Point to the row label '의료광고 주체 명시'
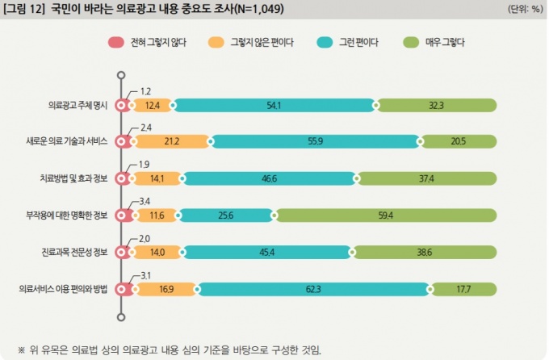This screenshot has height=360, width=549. [x=78, y=105]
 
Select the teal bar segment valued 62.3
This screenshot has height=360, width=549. [x=312, y=289]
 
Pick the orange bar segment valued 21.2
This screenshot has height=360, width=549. [x=170, y=142]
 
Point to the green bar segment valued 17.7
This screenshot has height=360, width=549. [x=463, y=289]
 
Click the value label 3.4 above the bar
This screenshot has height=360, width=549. [x=146, y=201]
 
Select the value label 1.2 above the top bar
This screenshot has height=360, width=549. [x=146, y=91]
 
